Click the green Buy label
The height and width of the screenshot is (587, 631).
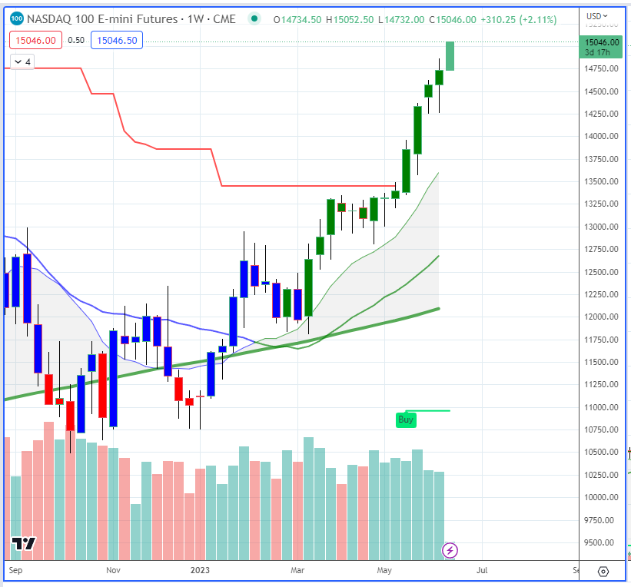406,420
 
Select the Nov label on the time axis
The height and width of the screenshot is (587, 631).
114,570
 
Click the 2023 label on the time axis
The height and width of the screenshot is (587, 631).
200,570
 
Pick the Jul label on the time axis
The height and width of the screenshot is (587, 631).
482,570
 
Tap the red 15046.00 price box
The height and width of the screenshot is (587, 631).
34,39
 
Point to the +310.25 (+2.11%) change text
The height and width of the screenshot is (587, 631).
516,20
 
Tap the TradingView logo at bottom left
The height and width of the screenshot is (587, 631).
24,544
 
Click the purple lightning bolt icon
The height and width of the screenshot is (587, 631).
450,550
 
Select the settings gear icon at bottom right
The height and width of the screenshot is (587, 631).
603,571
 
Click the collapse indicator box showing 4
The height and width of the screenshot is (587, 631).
22,61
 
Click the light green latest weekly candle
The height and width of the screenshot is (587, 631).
450,55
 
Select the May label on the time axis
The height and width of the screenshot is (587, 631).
385,570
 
